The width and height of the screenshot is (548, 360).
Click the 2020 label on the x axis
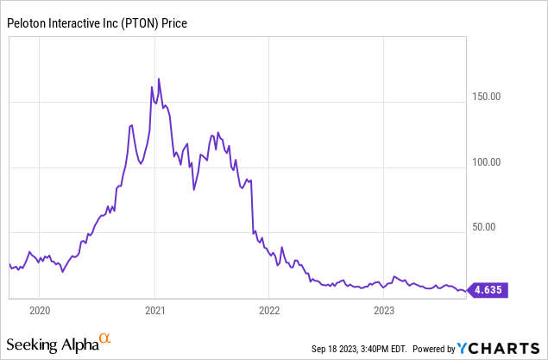coord(40,309)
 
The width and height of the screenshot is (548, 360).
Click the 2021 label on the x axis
coord(154,309)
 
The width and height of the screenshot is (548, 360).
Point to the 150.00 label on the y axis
coord(490,97)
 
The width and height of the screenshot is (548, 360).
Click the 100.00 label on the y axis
coord(490,162)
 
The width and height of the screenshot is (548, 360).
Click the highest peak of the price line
coord(159,79)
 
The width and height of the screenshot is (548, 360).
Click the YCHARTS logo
coord(498,348)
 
